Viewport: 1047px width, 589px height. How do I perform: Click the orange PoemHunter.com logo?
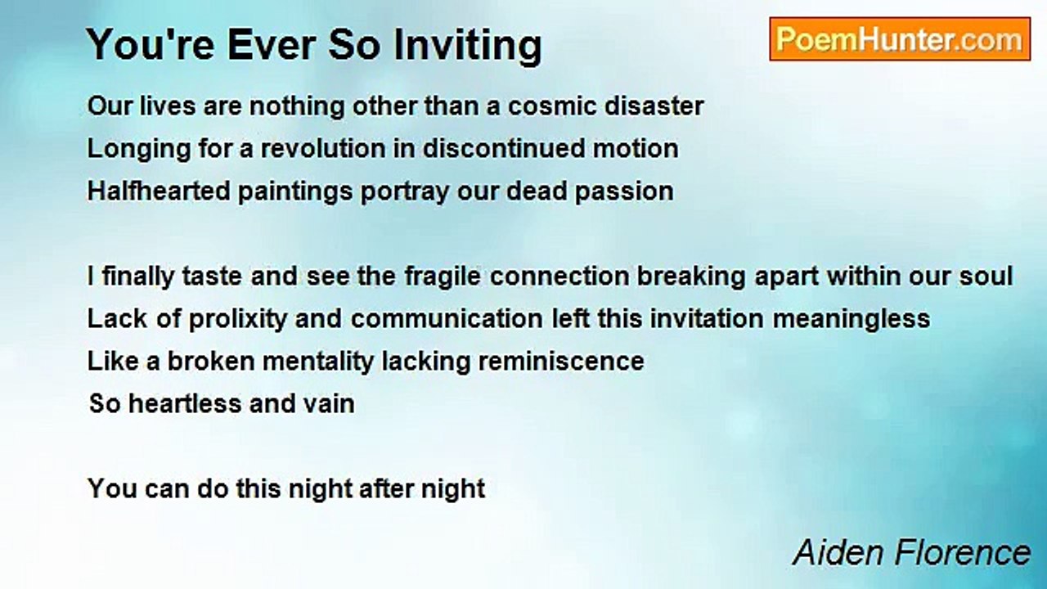coord(900,39)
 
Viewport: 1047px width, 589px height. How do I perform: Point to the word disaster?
coord(654,106)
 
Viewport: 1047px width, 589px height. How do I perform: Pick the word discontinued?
coord(504,149)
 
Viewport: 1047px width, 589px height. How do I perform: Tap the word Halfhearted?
coord(159,191)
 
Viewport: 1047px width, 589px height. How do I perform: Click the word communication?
coord(447,319)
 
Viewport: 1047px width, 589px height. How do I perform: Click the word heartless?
coord(185,403)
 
